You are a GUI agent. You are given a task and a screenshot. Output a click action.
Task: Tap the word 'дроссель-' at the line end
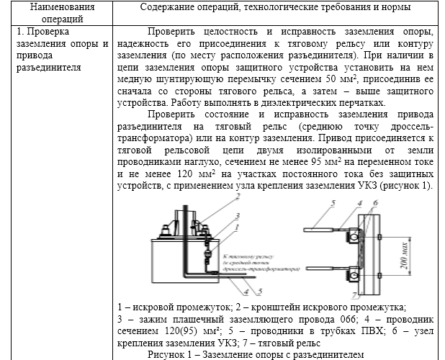pyautogui.click(x=408, y=127)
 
